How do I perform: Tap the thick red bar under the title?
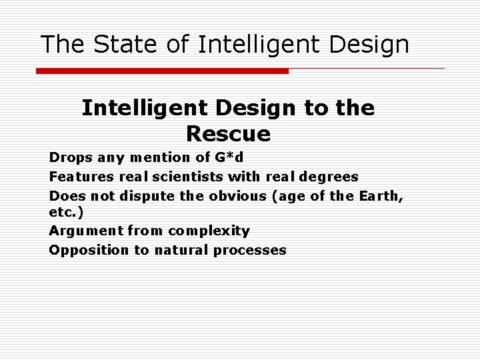162,71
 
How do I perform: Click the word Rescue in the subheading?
228,134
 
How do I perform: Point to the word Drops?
70,157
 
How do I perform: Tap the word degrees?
328,177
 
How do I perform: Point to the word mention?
155,157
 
